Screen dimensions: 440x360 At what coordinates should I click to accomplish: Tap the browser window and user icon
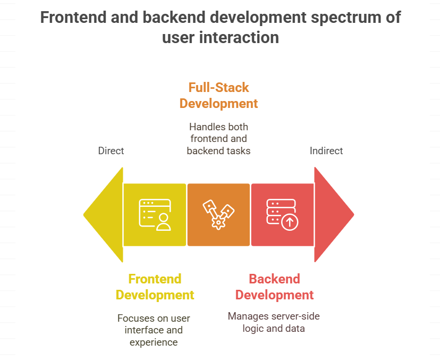tap(155, 215)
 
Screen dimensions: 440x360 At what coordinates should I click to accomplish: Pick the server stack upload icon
tap(282, 215)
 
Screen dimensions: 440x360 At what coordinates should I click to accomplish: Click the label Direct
tap(111, 151)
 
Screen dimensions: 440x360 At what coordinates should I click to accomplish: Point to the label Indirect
tap(326, 151)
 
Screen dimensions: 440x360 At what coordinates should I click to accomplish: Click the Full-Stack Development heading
tap(218, 96)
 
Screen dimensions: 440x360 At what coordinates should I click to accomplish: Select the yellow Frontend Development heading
tap(155, 287)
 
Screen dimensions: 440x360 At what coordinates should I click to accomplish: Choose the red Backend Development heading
tap(274, 287)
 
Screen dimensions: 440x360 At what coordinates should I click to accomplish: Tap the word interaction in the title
tap(239, 38)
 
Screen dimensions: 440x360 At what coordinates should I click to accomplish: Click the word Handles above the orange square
tap(204, 127)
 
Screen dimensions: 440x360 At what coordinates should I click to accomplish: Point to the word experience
tap(154, 342)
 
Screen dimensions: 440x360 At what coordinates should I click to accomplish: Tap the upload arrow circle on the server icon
tap(290, 222)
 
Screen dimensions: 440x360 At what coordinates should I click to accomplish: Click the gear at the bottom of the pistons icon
tap(218, 223)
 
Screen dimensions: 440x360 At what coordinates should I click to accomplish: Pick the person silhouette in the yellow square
tap(163, 222)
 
